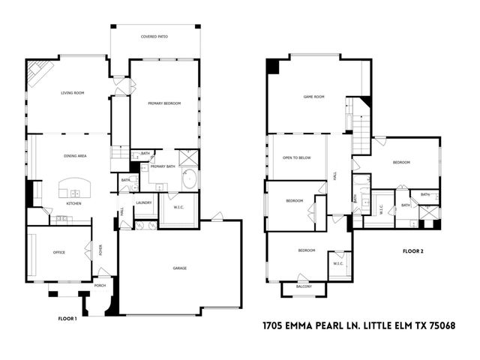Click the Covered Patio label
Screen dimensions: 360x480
(x=154, y=36)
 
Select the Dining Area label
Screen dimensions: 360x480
(x=76, y=155)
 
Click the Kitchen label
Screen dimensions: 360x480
(x=73, y=203)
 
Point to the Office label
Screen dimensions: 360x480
(x=58, y=252)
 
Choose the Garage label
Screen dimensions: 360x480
(x=180, y=268)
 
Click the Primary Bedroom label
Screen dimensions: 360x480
(x=164, y=103)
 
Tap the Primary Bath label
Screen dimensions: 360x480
(x=163, y=166)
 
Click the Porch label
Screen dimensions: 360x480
(x=100, y=286)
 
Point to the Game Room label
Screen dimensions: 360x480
(x=313, y=97)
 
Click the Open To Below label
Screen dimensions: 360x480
(x=296, y=157)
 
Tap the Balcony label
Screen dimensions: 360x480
(x=303, y=286)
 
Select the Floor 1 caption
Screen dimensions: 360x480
(x=68, y=319)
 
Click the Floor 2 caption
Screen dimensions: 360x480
(x=413, y=250)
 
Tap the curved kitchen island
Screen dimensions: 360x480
(x=75, y=186)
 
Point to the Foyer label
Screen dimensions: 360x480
(x=101, y=250)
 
